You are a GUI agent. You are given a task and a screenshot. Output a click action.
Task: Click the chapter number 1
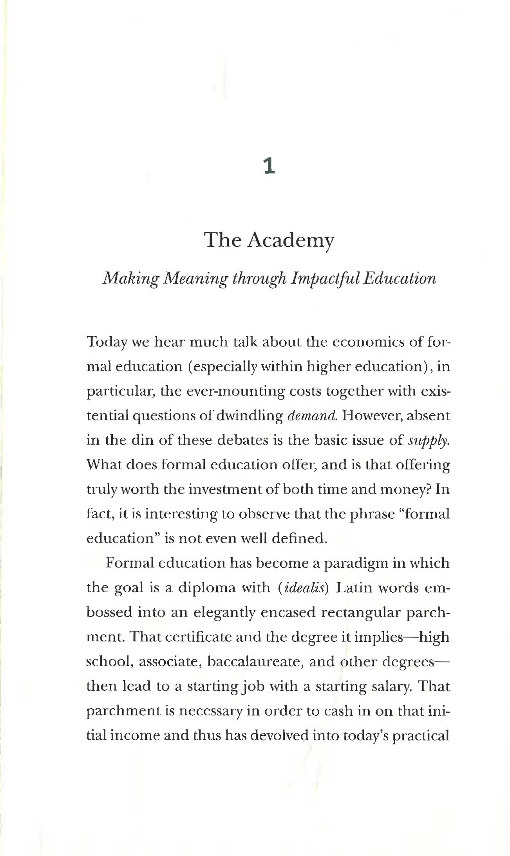[x=269, y=166]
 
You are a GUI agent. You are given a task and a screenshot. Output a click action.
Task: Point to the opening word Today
[x=107, y=342]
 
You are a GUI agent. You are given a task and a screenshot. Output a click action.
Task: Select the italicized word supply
[x=428, y=441]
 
